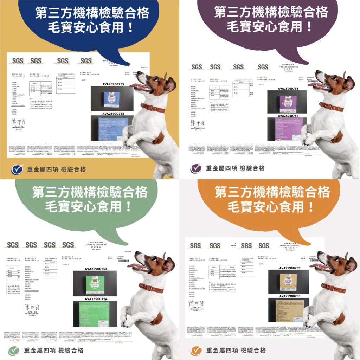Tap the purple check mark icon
coord(196,168)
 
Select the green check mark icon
coord(14,350)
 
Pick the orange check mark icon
coord(196,350)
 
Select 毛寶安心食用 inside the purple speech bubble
coord(270,26)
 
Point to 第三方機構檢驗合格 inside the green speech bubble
coord(90,192)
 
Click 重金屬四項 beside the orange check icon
coord(221,350)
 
